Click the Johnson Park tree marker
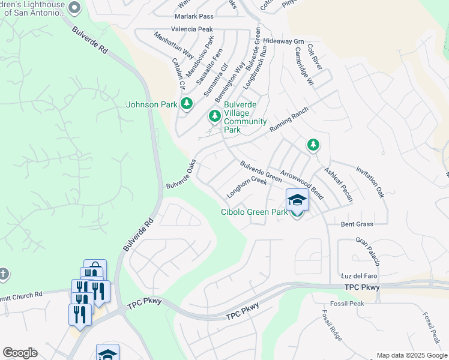tap(187, 104)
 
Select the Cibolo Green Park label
tap(254, 212)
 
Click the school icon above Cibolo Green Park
tap(297, 200)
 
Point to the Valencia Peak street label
tap(192, 29)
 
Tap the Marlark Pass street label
tap(194, 16)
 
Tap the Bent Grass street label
tap(357, 224)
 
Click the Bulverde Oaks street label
tap(181, 174)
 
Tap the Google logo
tap(20, 353)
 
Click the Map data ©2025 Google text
tap(412, 355)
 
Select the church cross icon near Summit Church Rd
tap(4, 274)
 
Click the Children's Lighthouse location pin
tap(74, 8)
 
